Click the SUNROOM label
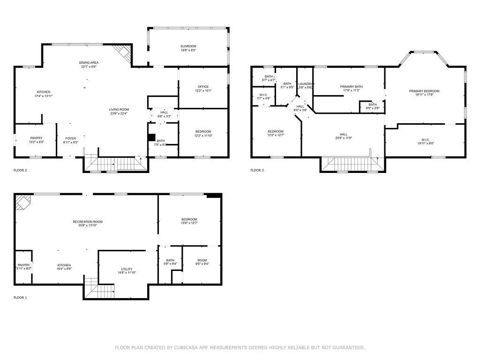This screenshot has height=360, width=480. (188, 46)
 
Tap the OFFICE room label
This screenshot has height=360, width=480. (203, 87)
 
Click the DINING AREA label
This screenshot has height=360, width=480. (89, 62)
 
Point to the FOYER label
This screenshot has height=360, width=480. (70, 138)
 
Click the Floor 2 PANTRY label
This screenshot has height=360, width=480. (36, 138)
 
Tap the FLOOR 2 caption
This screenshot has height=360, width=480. (20, 170)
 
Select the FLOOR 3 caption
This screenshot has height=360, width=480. (257, 170)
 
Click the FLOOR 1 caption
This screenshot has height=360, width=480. (20, 298)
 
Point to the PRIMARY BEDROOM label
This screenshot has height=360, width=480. (424, 91)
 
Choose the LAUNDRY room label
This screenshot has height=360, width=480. (305, 84)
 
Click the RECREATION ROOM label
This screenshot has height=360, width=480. (88, 222)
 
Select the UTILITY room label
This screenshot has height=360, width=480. (127, 269)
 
